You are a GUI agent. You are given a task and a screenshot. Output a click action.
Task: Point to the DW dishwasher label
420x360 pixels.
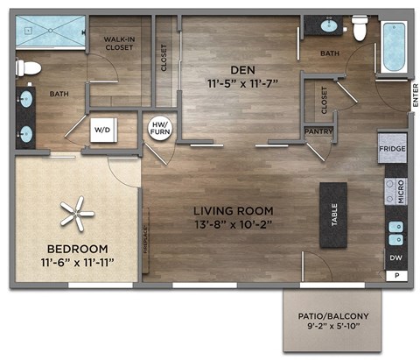395,258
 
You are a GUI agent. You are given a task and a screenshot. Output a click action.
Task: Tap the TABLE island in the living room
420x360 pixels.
333,215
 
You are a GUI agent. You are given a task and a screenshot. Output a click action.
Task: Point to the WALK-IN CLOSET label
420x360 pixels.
119,44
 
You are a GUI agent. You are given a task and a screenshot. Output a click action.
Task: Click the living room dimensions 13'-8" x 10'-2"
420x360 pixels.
234,225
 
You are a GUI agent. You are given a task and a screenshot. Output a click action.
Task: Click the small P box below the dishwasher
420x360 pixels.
396,276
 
